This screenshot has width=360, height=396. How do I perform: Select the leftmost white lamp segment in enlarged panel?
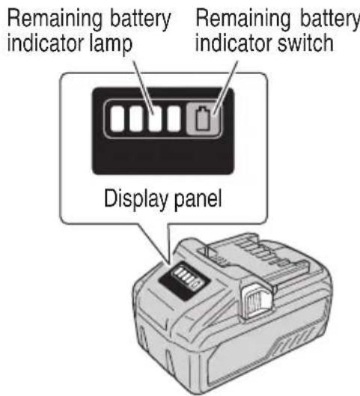pyautogui.click(x=117, y=121)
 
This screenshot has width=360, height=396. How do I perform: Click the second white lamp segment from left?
pyautogui.click(x=137, y=121)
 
